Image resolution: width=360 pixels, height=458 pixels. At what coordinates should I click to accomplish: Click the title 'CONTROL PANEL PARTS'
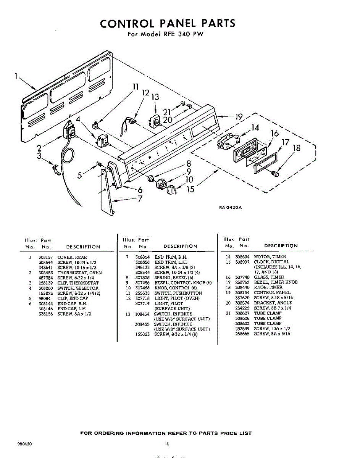point(168,24)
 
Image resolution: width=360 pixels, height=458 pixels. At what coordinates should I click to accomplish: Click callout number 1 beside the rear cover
point(16,76)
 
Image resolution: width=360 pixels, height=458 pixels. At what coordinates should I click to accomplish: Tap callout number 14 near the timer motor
point(255,128)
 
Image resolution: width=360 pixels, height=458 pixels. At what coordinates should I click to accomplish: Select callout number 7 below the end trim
point(140,198)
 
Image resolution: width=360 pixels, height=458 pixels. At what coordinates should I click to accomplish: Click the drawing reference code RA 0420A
point(231,208)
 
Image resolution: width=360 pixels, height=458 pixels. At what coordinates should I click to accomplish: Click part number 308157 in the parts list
point(46,258)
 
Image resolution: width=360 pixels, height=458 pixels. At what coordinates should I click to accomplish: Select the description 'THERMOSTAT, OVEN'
point(79,273)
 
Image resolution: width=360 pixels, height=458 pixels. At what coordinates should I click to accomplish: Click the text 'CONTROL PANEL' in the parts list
point(272,293)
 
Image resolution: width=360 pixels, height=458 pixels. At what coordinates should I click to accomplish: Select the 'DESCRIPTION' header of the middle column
point(180,247)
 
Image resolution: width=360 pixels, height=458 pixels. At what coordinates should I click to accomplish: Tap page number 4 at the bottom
point(168,444)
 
